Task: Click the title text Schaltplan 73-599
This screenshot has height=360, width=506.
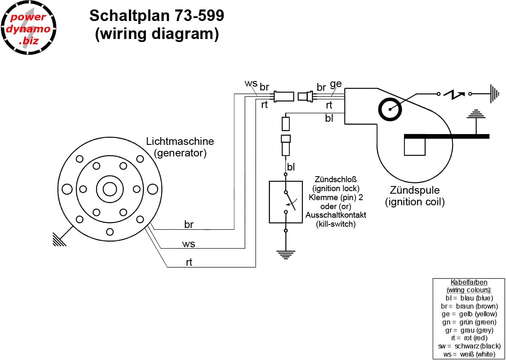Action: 157,16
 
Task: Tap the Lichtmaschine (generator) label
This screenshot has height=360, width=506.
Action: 180,147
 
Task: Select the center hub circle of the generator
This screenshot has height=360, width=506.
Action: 109,189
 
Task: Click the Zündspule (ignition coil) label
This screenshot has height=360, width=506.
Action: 415,195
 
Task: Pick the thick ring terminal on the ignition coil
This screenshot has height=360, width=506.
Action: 390,109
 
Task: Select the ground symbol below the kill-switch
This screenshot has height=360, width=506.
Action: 286,255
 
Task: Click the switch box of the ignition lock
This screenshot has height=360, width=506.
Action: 286,202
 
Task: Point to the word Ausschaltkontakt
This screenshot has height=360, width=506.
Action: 336,215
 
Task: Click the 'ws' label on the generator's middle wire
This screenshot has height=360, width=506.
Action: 189,244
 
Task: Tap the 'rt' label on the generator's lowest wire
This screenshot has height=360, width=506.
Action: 189,263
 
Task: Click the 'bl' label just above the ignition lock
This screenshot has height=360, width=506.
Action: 291,167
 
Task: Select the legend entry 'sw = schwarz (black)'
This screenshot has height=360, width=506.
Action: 469,346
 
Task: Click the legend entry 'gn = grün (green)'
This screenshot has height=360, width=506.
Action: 469,322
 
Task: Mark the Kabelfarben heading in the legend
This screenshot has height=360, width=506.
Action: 469,282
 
